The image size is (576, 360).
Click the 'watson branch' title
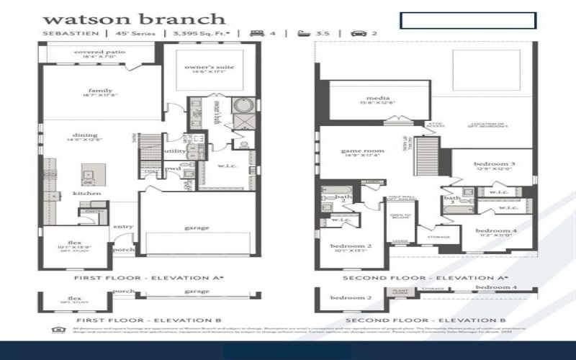pos(134,19)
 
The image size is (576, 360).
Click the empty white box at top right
pos(468,20)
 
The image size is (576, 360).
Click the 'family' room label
pos(95,90)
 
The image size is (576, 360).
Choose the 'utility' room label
pos(174,151)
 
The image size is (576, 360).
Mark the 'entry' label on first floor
pos(122,227)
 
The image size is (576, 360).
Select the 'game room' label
pos(362,151)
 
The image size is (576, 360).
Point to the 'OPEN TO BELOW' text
pos(400,219)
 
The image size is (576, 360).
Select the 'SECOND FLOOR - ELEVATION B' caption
pos(425,319)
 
